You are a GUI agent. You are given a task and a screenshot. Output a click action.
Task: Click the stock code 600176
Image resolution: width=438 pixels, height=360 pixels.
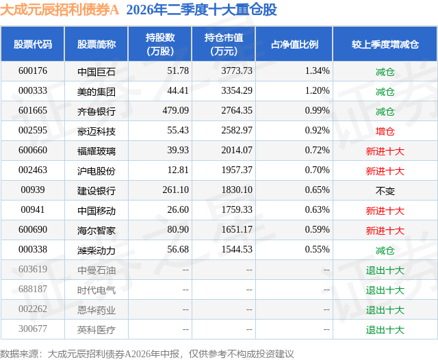33,71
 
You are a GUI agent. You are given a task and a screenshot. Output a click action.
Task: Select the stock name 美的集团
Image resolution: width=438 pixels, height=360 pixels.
96,91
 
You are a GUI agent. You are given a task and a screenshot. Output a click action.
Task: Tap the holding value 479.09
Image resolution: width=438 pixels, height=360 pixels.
175,111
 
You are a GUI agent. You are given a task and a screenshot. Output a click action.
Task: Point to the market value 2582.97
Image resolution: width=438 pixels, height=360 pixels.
237,131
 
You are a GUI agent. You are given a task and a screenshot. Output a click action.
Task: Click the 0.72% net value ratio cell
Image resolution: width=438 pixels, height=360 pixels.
317,151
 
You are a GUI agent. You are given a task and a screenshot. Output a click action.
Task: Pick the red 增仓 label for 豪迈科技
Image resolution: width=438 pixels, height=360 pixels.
385,131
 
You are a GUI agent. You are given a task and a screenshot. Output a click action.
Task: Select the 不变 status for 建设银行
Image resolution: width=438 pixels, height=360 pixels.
385,190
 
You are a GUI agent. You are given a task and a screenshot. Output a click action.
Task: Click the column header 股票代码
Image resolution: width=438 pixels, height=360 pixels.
33,44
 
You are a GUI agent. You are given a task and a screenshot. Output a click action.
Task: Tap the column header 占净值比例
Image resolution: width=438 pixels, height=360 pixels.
294,44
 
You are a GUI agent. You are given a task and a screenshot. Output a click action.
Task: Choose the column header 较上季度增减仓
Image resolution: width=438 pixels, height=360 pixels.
385,44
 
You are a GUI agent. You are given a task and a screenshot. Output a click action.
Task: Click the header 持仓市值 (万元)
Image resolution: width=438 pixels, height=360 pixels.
224,44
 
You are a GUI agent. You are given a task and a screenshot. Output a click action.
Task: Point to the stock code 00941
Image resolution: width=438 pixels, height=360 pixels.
33,209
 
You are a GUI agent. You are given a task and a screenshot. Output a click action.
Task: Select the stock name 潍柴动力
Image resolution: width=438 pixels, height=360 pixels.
96,250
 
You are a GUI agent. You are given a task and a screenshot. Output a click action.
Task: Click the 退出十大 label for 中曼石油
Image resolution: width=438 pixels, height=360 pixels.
385,270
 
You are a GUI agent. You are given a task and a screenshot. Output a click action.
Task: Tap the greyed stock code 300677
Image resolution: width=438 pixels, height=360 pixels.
33,329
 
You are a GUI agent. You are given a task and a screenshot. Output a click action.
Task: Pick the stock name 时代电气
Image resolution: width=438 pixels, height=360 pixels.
96,290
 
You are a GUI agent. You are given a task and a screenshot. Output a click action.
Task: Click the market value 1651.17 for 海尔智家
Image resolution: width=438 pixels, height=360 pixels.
237,229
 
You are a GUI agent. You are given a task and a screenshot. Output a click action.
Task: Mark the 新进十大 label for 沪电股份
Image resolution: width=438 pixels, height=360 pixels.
385,170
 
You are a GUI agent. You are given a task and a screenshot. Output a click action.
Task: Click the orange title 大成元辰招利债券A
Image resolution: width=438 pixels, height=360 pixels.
60,10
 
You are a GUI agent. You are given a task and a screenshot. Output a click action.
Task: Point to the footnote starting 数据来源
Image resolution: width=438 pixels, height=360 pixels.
147,354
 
